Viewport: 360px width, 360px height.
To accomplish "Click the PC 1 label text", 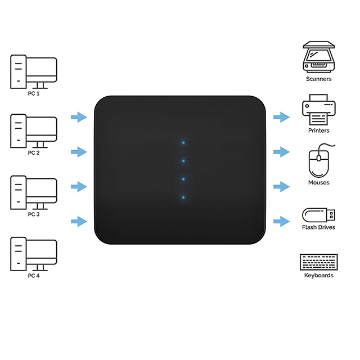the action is point(34,93).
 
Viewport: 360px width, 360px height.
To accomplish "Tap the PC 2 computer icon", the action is point(34,131).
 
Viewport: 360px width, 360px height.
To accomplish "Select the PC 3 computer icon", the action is point(34,192).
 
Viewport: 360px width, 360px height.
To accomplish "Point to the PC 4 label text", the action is point(34,276).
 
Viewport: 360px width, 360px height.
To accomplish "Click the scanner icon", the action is point(319,57).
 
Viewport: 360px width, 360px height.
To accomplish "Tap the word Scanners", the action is point(319,79).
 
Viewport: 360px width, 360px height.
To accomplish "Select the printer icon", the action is point(319,110).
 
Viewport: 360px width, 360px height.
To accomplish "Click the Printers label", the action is point(319,130).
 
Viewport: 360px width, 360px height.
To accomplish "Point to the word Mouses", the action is point(319,182).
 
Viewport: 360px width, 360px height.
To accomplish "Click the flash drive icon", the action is point(318,215).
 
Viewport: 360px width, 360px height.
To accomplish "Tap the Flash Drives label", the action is point(318,227).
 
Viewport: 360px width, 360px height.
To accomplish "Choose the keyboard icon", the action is point(319,262).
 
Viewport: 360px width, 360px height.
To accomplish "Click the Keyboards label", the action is point(319,275).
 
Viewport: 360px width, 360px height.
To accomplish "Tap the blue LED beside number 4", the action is point(183,142).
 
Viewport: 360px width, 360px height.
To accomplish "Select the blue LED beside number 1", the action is point(183,197).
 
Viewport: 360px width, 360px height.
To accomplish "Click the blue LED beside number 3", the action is point(183,161).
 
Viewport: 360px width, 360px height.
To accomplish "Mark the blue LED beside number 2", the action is point(183,179).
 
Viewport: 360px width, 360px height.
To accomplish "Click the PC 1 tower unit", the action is point(19,71).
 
